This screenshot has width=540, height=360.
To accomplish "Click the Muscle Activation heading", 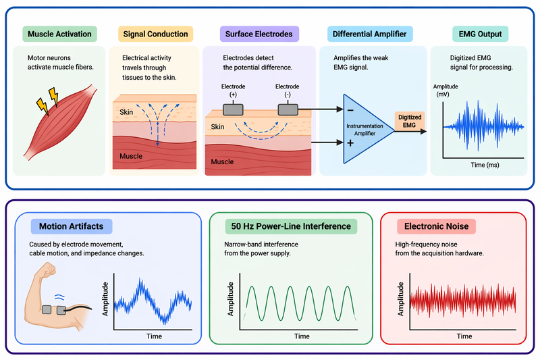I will pos(59,34).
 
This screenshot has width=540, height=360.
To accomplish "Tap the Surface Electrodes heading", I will pos(259,34).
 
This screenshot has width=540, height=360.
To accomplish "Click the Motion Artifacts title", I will pos(71,226).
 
